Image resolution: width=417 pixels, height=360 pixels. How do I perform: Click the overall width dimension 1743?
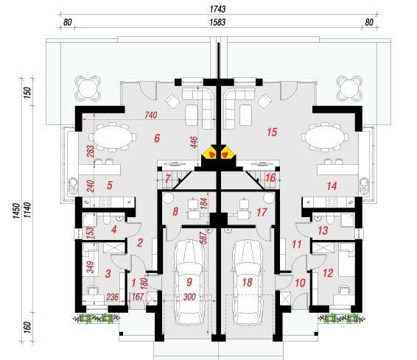click(x=217, y=9)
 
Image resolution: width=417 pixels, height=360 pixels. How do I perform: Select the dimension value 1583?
click(x=217, y=22)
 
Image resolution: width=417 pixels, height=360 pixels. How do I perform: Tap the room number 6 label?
click(x=157, y=138)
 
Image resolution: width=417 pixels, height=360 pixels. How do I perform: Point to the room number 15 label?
click(x=272, y=132)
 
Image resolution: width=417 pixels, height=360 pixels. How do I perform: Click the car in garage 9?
click(x=189, y=282)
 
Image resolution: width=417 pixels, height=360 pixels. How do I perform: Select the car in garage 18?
click(x=248, y=282)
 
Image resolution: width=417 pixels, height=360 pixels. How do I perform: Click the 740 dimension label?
click(x=151, y=115)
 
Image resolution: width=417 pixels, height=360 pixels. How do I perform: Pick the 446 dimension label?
click(x=195, y=142)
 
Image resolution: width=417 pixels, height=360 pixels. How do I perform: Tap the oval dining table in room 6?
click(x=113, y=138)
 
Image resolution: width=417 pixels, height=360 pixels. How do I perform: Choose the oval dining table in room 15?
click(x=323, y=138)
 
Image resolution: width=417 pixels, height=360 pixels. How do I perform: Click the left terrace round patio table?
click(x=88, y=88)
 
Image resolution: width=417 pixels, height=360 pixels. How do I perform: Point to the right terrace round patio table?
click(x=349, y=88)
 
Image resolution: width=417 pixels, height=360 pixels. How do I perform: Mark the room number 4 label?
click(x=114, y=229)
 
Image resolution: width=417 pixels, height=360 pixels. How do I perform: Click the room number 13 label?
click(x=323, y=230)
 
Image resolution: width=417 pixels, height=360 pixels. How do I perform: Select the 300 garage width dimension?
click(x=189, y=296)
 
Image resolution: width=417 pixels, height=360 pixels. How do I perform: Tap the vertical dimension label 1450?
click(x=15, y=211)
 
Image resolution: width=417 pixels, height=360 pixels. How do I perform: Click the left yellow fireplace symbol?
click(x=211, y=154)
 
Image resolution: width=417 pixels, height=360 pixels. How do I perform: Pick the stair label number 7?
click(x=167, y=179)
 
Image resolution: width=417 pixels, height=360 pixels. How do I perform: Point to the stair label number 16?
click(x=270, y=178)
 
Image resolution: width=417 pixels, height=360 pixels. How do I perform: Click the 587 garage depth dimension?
click(x=204, y=238)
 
